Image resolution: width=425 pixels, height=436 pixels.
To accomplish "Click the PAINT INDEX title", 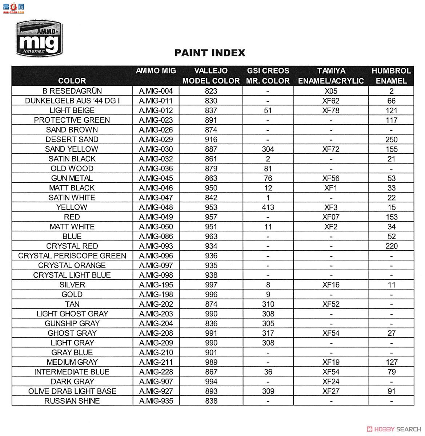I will pos(210,53).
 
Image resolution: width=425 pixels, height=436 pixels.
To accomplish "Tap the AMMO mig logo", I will pos(39,39).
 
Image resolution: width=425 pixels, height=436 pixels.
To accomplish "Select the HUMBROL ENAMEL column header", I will pos(391,76).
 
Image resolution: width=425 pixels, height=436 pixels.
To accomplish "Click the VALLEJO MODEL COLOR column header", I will pos(211,76).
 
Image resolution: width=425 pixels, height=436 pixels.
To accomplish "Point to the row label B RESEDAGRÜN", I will pos(72,91).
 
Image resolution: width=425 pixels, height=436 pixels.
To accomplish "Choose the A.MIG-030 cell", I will pos(156,149).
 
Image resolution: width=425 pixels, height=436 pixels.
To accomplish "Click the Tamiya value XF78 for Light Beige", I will pos(330,110).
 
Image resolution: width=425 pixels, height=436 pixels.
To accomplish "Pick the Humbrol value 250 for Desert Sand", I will pos(391,140).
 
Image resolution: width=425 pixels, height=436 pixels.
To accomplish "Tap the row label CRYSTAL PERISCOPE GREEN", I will pos(72,256).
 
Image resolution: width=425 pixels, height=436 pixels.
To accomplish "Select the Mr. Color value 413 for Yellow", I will pos(268,207).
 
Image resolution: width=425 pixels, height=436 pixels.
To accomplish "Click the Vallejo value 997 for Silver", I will pos(211,285).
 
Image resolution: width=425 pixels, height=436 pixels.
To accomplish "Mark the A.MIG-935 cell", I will pos(156,401).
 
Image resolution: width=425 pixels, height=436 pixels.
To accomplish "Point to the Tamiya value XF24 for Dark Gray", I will pos(330,382).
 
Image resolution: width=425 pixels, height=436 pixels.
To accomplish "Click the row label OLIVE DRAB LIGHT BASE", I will pos(72,391).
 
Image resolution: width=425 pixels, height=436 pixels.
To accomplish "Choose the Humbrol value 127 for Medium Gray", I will pos(391,362).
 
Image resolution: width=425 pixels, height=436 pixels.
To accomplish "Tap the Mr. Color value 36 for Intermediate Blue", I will pos(268,372).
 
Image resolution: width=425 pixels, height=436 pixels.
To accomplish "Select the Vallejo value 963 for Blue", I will pos(211,237).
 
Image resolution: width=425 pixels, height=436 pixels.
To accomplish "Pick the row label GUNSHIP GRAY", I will pos(72,324).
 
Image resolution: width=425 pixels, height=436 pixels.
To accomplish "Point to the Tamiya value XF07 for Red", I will pos(330,217).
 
